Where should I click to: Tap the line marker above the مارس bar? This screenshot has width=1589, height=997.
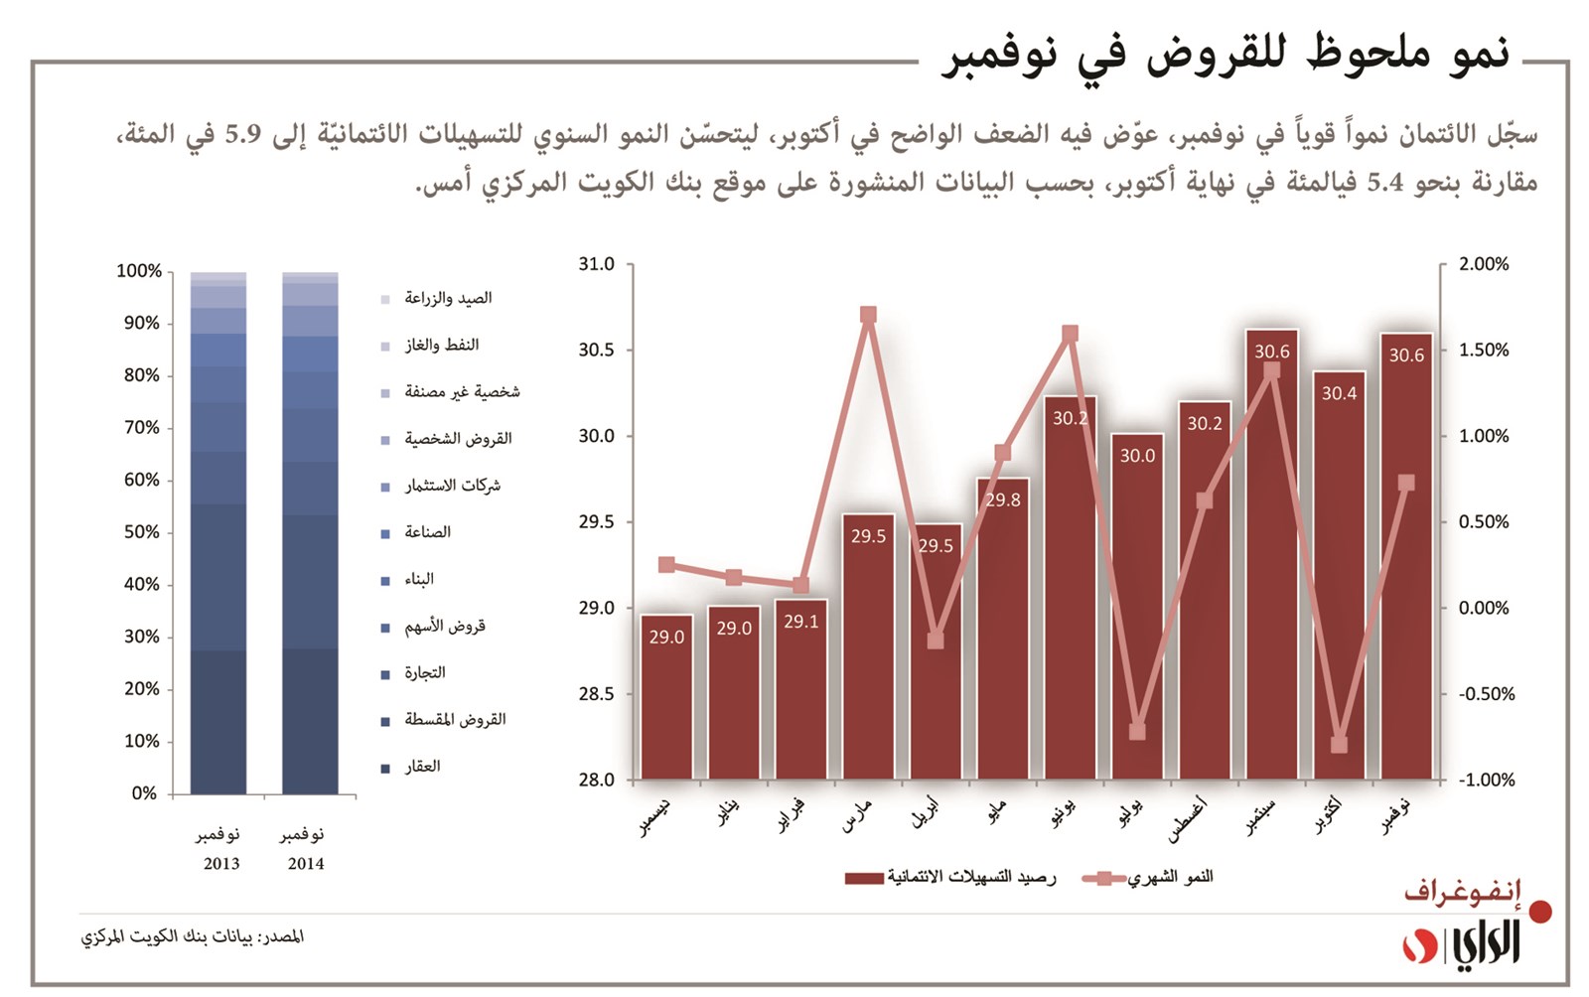click(x=868, y=316)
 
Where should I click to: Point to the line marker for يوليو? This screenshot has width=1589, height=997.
click(x=1137, y=732)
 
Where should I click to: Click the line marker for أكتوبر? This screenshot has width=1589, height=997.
click(x=1339, y=744)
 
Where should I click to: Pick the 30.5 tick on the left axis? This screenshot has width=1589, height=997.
click(x=596, y=351)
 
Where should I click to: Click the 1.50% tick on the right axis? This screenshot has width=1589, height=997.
click(x=1483, y=351)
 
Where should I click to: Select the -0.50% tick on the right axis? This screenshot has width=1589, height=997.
click(x=1486, y=694)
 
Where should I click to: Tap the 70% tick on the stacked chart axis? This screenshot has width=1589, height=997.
click(x=141, y=428)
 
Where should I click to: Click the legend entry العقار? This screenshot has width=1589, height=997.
click(x=422, y=767)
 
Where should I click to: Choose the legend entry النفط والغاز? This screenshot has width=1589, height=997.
click(x=441, y=345)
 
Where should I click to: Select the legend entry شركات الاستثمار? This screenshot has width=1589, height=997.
click(x=452, y=486)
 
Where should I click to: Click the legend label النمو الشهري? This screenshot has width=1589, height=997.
click(x=1171, y=877)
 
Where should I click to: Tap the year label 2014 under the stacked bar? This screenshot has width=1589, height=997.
click(x=306, y=864)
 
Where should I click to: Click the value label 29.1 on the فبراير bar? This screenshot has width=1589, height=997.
click(x=800, y=622)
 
